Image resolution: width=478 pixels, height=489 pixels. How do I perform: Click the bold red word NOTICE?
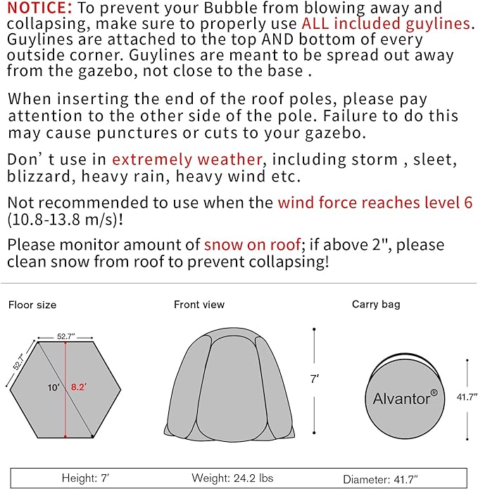[x=39, y=8]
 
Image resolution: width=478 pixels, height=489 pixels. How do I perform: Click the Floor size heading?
[x=32, y=305]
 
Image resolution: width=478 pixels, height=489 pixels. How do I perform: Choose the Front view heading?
[x=199, y=305]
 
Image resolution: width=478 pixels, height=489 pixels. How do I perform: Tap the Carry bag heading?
[x=376, y=305]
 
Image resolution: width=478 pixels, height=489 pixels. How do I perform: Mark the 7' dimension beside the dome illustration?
[x=315, y=379]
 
